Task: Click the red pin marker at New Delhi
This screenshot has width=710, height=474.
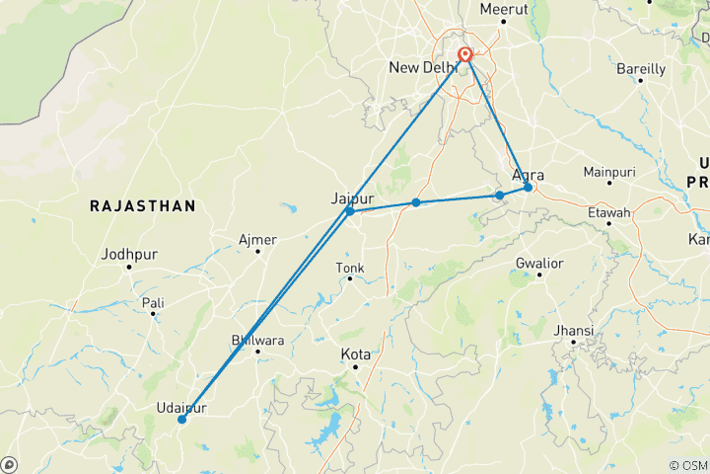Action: click(464, 56)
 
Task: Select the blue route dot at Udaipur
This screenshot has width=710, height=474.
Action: click(181, 420)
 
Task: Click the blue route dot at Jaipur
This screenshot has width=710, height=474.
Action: click(350, 211)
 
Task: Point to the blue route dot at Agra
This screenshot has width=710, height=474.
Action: click(529, 188)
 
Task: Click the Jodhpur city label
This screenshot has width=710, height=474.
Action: click(129, 255)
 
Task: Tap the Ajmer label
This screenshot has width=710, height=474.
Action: click(257, 240)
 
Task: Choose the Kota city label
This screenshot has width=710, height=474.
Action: click(355, 354)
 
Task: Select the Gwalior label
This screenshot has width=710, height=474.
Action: click(538, 263)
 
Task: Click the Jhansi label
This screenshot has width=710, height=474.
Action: click(575, 330)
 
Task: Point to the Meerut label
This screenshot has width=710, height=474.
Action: click(504, 9)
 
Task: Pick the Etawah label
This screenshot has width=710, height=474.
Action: click(608, 212)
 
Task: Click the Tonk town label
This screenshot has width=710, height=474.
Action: click(350, 268)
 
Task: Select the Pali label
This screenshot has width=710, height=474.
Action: click(153, 302)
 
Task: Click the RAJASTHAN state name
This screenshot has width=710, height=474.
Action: click(142, 205)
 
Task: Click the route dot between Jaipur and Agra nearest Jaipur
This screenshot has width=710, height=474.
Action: click(416, 202)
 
